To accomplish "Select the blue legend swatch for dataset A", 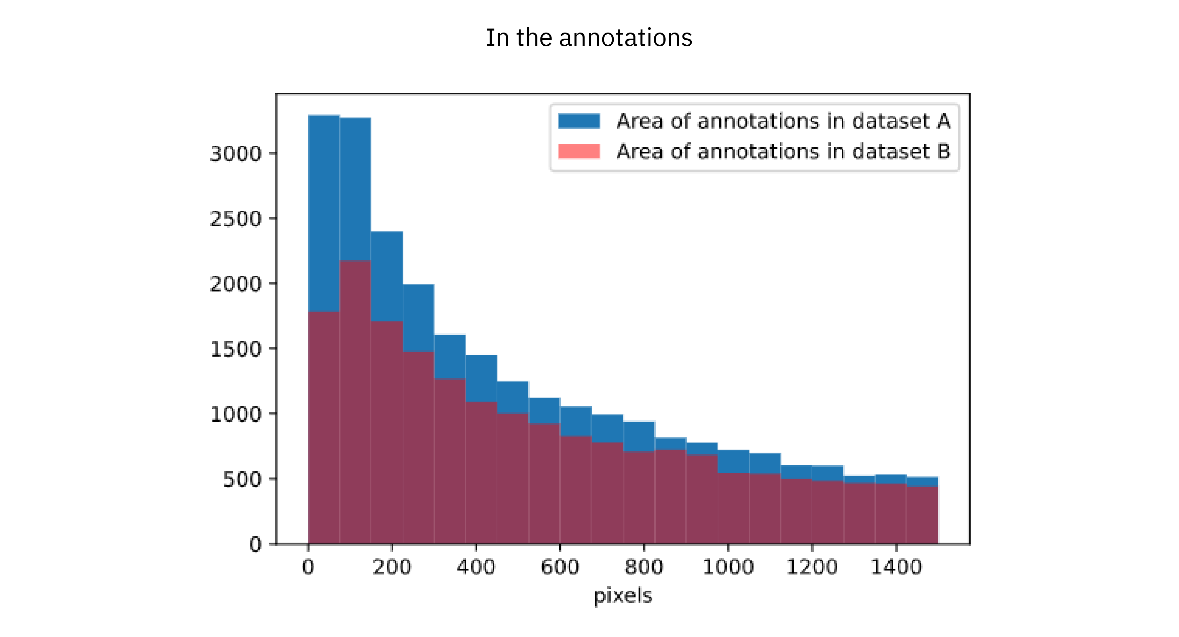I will pyautogui.click(x=578, y=121).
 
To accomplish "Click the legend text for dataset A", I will pyautogui.click(x=783, y=121).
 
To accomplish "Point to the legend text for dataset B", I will pyautogui.click(x=783, y=151).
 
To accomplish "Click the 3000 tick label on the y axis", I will pyautogui.click(x=236, y=154).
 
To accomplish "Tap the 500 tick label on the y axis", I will pyautogui.click(x=242, y=480).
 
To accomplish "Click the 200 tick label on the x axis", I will pyautogui.click(x=392, y=567).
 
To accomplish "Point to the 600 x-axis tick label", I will pyautogui.click(x=560, y=567).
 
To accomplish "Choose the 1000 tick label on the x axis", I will pyautogui.click(x=728, y=567).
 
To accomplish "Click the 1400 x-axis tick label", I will pyautogui.click(x=896, y=567).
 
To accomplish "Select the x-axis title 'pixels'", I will pyautogui.click(x=623, y=596).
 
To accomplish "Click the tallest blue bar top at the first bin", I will pyautogui.click(x=324, y=116).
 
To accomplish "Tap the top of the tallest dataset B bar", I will pyautogui.click(x=355, y=262).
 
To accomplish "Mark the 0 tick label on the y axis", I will pyautogui.click(x=255, y=544).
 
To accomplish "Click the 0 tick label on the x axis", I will pyautogui.click(x=308, y=567).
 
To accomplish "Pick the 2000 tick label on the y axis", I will pyautogui.click(x=236, y=284).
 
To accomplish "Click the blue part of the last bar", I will pyautogui.click(x=922, y=482).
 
